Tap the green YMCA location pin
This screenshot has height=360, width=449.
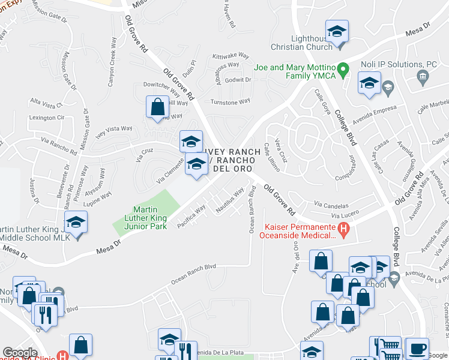point(343,70)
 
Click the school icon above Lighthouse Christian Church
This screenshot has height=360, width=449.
point(337,31)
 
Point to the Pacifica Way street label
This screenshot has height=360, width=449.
point(192,216)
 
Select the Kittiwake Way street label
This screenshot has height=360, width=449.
point(231,55)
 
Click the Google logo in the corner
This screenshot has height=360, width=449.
point(20,353)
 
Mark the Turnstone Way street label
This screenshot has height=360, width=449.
point(230,101)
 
